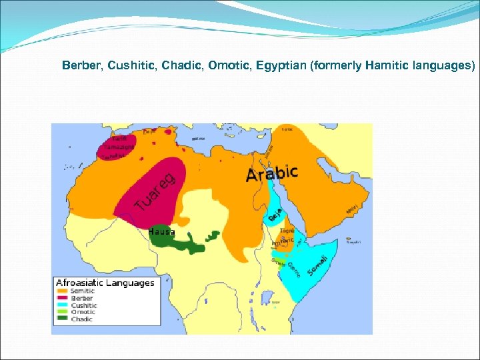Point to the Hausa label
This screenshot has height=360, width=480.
pos(162,232)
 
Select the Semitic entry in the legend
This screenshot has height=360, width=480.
pos(83,291)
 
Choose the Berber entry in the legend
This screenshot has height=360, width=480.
pos(81,298)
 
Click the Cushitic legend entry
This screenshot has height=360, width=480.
pos(83,305)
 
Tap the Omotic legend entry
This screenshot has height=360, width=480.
pos(83,312)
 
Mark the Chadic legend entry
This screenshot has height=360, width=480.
pos(82,319)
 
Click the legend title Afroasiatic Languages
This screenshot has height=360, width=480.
pos(105,283)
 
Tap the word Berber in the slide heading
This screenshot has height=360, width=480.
pos(79,66)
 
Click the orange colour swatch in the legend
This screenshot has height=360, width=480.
pos(63,291)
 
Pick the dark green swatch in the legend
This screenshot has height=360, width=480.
pos(63,319)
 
